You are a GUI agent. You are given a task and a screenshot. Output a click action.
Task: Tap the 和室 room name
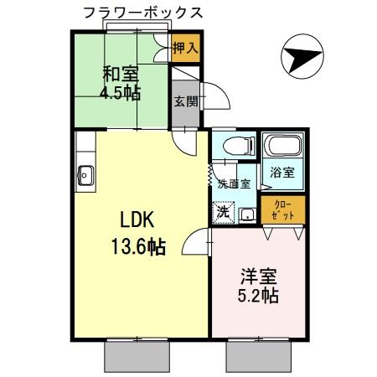121,73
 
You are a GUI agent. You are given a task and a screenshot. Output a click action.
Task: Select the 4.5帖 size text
121,93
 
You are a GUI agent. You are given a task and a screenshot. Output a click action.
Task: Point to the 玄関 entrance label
185,101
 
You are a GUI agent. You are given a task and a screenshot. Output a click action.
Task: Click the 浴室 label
281,173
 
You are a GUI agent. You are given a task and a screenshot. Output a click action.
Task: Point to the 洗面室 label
234,183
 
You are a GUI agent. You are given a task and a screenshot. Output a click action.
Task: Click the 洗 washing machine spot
223,212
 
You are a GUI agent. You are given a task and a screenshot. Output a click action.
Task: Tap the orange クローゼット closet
282,209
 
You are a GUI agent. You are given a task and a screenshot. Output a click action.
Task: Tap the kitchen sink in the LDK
84,175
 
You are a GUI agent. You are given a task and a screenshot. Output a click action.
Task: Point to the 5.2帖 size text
259,295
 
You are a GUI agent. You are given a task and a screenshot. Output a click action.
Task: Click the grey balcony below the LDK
137,357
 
